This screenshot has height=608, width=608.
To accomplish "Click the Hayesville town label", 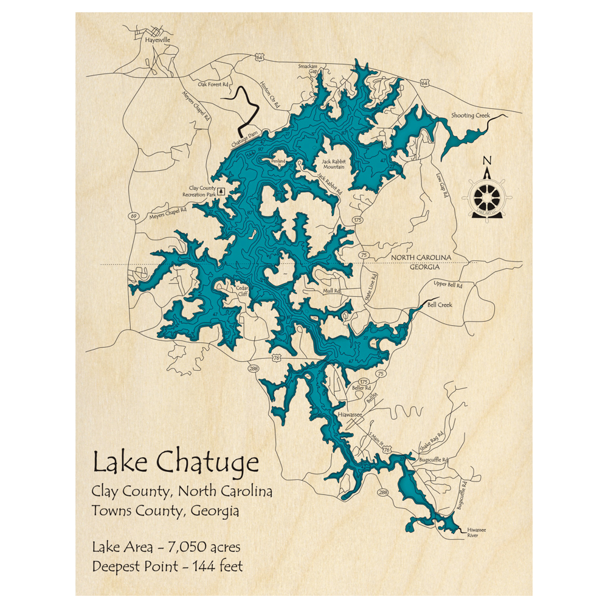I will [158, 40].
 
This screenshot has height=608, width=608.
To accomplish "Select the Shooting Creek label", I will [470, 116].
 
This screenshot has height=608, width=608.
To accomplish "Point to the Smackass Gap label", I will [308, 68].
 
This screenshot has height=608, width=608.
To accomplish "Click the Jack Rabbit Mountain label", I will [333, 164].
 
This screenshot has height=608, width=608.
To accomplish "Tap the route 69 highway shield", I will [132, 216].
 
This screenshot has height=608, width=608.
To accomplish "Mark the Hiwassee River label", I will [477, 533].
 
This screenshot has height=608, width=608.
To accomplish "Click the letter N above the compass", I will [486, 161].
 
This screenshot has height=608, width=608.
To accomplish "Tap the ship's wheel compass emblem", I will [487, 196].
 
